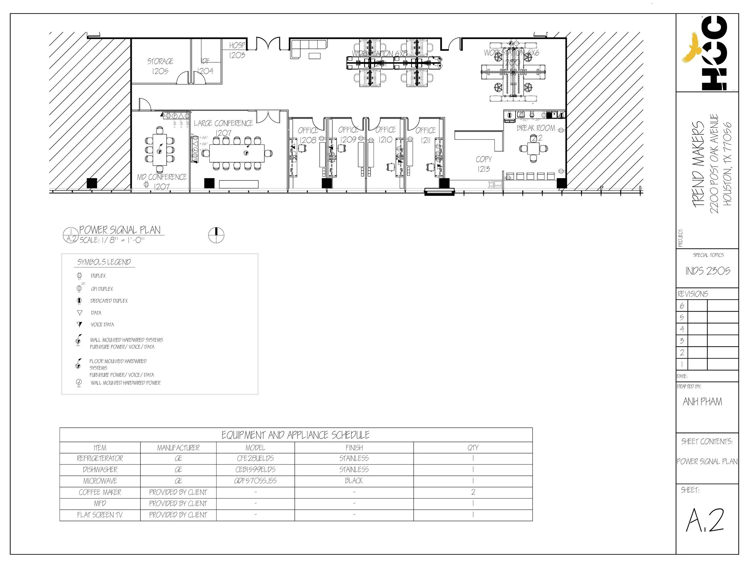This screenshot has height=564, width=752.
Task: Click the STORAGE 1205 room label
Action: [x=160, y=66]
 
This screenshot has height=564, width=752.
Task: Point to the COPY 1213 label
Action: [x=483, y=164]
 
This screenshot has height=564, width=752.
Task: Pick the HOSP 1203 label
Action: [x=237, y=50]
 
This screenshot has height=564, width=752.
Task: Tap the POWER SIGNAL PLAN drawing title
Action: [x=120, y=230]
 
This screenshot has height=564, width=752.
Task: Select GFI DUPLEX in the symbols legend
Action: [x=102, y=289]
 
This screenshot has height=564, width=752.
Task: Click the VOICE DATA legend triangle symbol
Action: [x=79, y=325]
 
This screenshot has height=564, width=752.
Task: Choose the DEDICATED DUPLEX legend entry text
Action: [x=109, y=301]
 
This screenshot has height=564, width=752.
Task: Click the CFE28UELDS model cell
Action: [x=255, y=459]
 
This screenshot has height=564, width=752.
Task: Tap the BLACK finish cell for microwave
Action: [x=354, y=481]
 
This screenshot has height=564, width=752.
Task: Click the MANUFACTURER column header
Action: [x=178, y=448]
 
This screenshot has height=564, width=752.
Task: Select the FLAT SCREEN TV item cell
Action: [x=100, y=515]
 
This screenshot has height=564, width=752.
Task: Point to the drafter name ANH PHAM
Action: [x=702, y=402]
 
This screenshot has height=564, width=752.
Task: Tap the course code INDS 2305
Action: [x=707, y=271]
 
